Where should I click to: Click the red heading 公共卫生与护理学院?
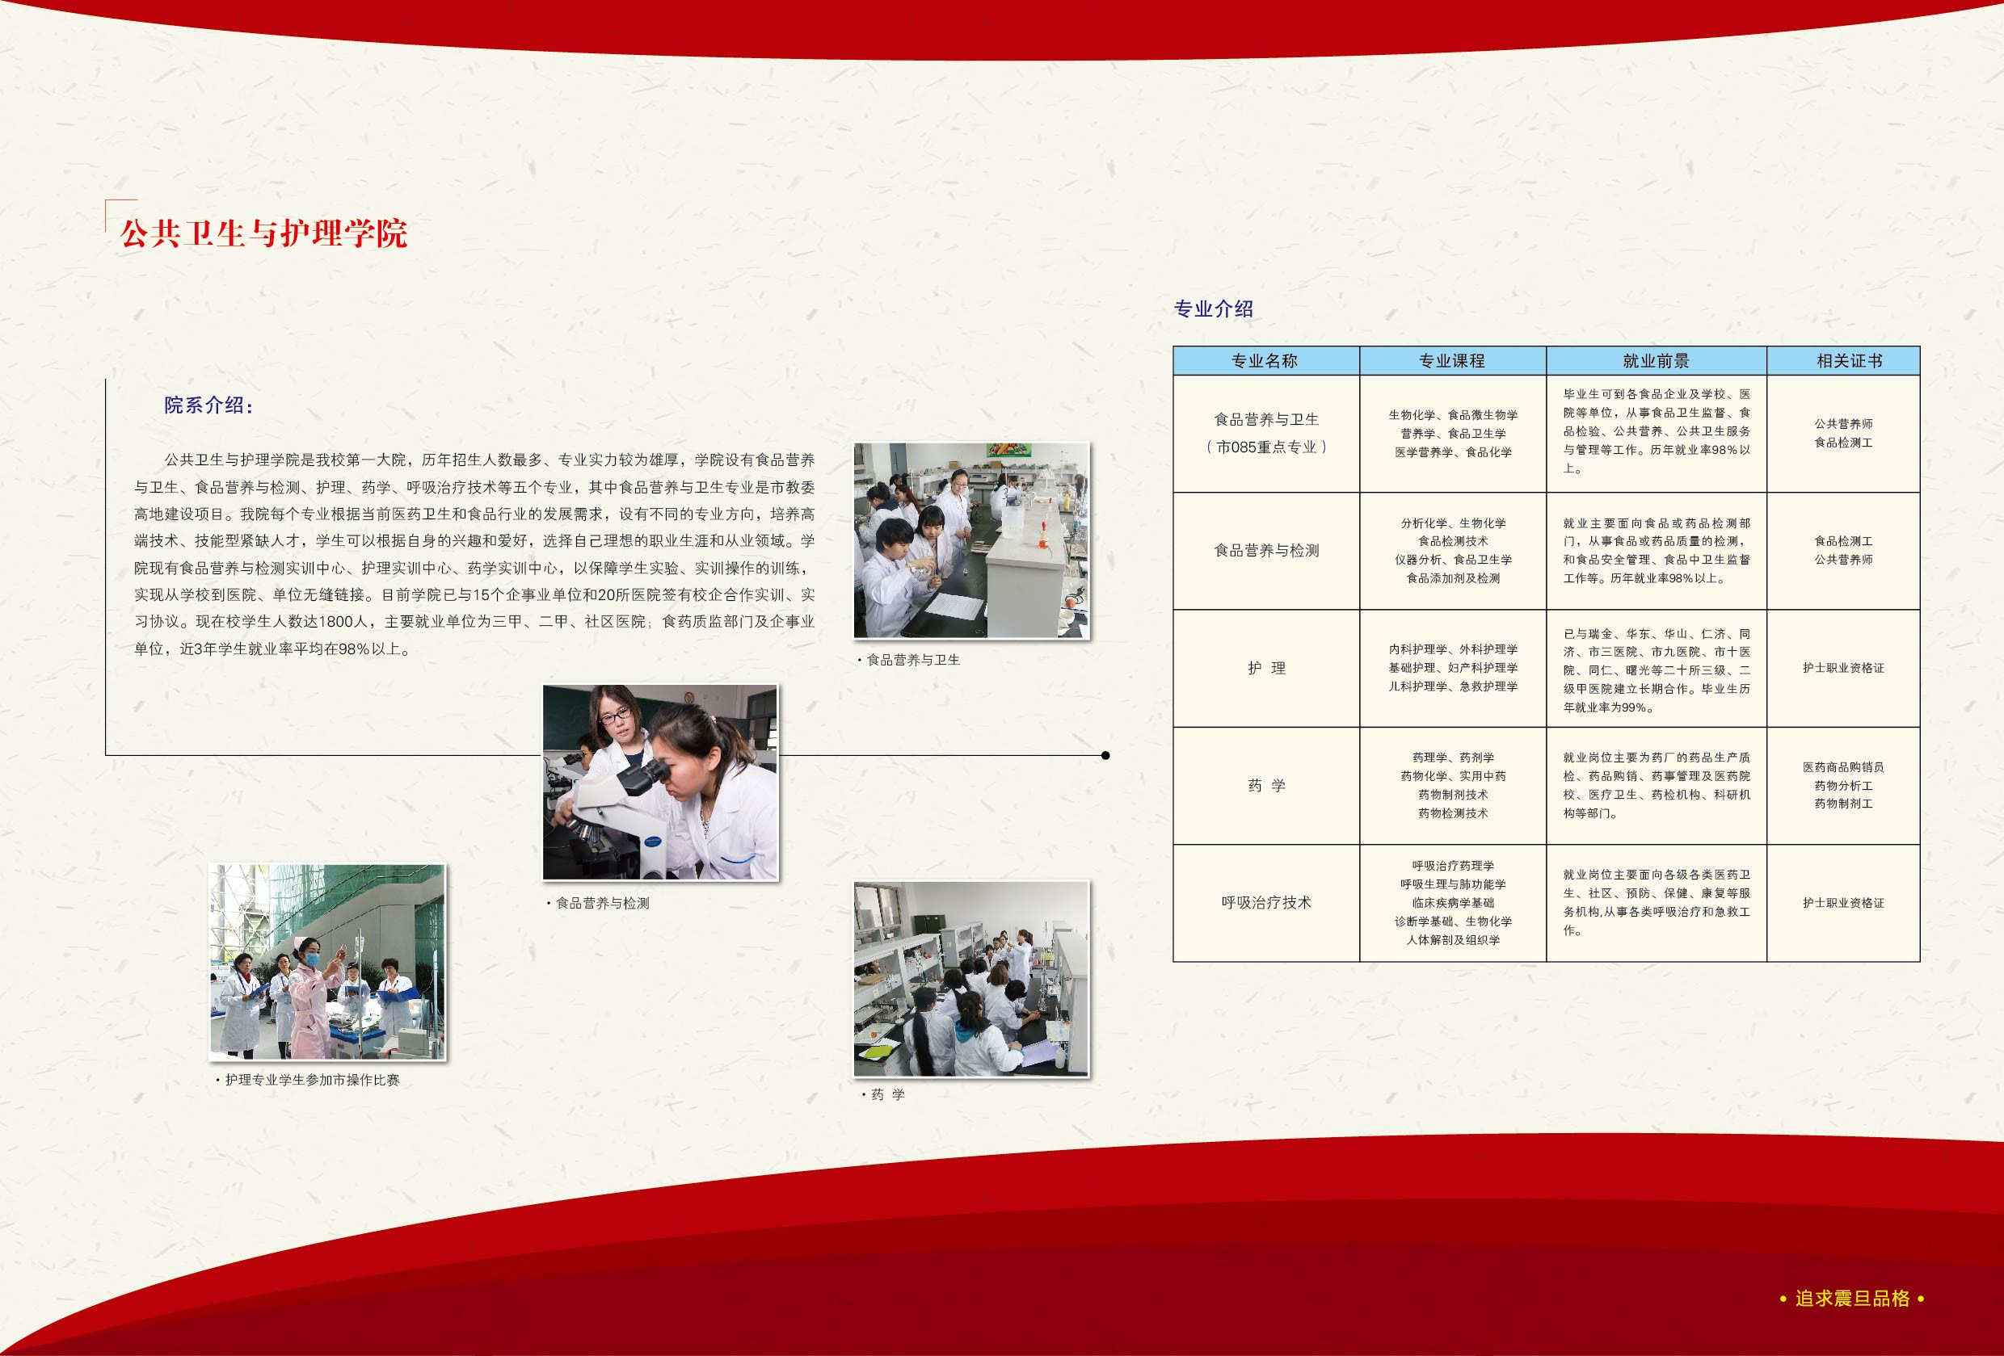coord(263,233)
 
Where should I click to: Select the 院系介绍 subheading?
coord(208,405)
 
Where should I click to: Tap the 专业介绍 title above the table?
coord(1213,309)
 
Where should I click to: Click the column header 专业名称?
coord(1264,361)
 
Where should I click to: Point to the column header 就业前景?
coord(1656,361)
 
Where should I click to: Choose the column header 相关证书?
coord(1849,361)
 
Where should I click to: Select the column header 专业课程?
coord(1452,361)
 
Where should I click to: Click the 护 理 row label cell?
coord(1267,668)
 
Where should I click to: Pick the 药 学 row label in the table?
coord(1267,785)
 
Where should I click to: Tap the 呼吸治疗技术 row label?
coord(1267,903)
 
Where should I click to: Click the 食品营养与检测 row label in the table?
coord(1267,550)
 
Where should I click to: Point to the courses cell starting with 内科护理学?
coord(1453,668)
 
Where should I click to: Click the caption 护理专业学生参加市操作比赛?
coord(308,1080)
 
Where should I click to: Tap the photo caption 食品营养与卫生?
coord(909,661)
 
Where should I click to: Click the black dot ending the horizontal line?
coord(1105,755)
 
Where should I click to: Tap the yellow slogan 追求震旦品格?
coord(1852,1298)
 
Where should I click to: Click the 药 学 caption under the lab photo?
coord(884,1095)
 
